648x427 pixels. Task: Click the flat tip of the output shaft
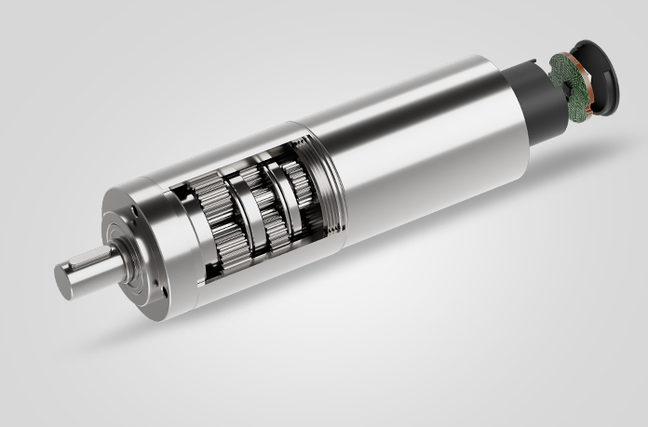(x=68, y=279)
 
